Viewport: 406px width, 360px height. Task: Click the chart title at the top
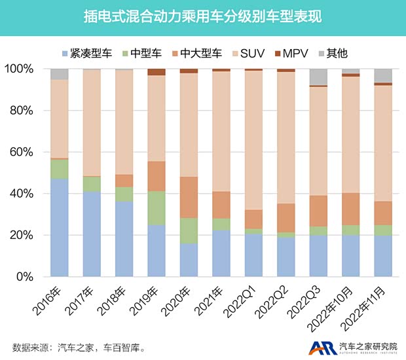202,16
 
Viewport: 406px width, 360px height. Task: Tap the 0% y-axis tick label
29,276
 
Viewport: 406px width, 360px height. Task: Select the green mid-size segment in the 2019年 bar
157,208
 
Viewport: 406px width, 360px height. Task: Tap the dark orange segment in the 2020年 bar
189,197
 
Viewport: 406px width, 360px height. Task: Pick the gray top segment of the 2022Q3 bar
318,77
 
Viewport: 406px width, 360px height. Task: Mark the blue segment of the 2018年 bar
124,238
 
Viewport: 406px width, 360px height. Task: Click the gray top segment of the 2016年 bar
60,74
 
